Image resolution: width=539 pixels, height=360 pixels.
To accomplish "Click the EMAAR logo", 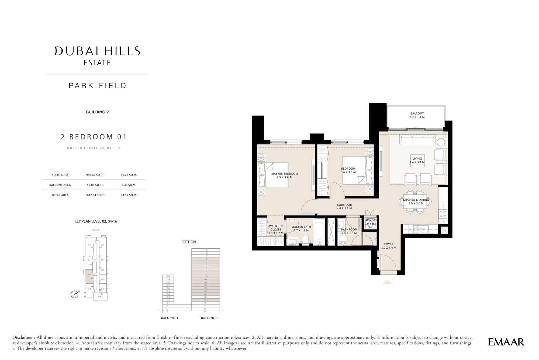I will pyautogui.click(x=506, y=342).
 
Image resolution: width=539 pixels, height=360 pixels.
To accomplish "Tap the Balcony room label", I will pyautogui.click(x=417, y=115).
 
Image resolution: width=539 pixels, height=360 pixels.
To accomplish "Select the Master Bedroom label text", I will pyautogui.click(x=284, y=175).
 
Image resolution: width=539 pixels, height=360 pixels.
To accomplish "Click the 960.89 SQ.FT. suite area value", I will pyautogui.click(x=95, y=175).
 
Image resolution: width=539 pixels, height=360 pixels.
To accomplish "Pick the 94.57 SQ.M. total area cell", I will pyautogui.click(x=129, y=195).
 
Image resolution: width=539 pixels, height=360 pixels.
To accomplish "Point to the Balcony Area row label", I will pyautogui.click(x=60, y=185).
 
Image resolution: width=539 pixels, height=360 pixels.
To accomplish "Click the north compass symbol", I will pyautogui.click(x=74, y=294).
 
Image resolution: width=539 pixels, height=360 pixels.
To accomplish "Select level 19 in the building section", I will pyautogui.click(x=206, y=250).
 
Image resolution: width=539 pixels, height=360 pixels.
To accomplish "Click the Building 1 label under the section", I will pyautogui.click(x=169, y=318).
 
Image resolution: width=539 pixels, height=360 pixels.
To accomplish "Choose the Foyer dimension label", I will pyautogui.click(x=388, y=246).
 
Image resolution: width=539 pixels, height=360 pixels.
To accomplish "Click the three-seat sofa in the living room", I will pyautogui.click(x=417, y=140).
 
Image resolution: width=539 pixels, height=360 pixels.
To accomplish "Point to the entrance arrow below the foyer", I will pyautogui.click(x=388, y=282).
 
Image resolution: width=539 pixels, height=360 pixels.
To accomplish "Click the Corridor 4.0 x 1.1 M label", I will pyautogui.click(x=344, y=207).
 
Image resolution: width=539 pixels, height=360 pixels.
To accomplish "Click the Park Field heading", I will pyautogui.click(x=97, y=86).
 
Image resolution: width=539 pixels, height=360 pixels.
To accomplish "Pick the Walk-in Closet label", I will pyautogui.click(x=276, y=229).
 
